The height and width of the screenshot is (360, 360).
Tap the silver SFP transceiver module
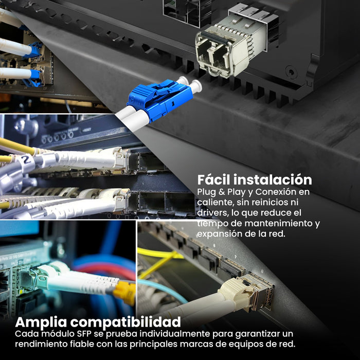[232, 44]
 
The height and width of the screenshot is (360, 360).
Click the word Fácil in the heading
[213, 179]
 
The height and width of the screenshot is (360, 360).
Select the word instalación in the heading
[273, 179]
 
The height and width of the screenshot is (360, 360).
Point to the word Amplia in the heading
[41, 322]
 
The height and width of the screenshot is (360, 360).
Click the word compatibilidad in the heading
[125, 322]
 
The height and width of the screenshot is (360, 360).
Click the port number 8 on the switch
[262, 272]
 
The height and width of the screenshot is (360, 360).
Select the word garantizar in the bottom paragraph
[259, 334]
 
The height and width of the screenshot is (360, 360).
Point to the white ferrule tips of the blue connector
[190, 84]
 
